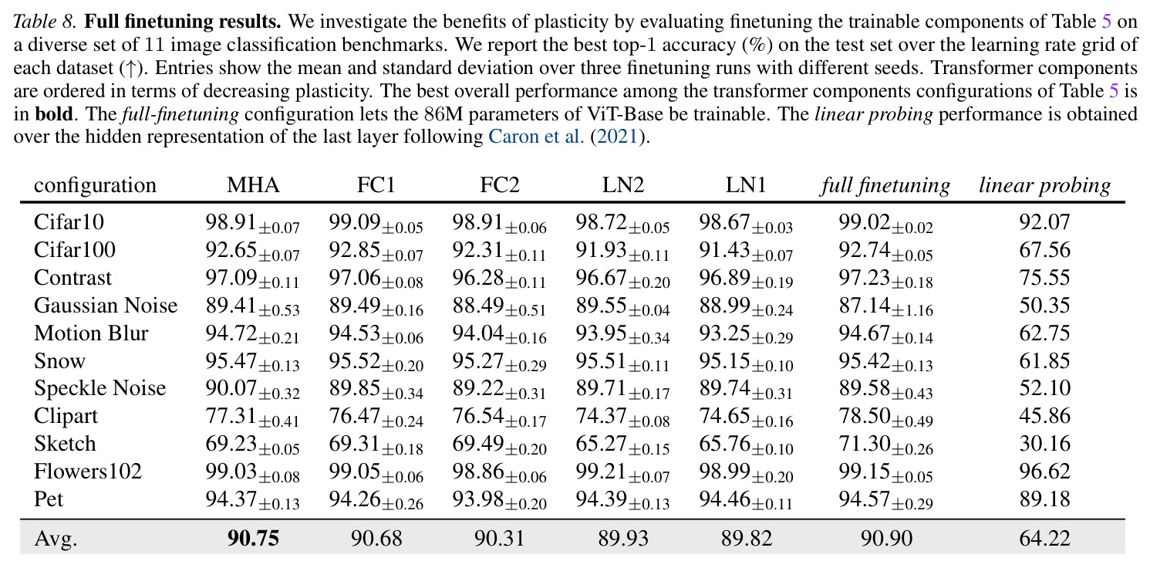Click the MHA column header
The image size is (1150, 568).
253,185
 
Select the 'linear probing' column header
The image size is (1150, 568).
1044,186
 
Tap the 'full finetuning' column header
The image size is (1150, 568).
885,186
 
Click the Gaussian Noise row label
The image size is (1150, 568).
106,305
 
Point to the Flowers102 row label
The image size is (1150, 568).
88,471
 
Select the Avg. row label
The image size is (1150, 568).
56,538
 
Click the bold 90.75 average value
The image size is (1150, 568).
253,538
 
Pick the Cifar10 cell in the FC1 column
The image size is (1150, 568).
376,223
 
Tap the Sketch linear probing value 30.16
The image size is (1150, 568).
1044,443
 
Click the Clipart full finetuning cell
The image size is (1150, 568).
885,417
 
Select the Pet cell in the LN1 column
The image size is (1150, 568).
745,500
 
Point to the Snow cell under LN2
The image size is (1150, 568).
622,362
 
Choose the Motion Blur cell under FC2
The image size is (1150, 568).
499,334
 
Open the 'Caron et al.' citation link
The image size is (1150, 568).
536,137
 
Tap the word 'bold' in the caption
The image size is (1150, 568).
53,113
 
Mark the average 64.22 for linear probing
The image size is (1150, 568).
1044,538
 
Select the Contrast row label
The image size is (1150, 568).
73,277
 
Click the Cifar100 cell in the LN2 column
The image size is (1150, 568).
622,251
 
